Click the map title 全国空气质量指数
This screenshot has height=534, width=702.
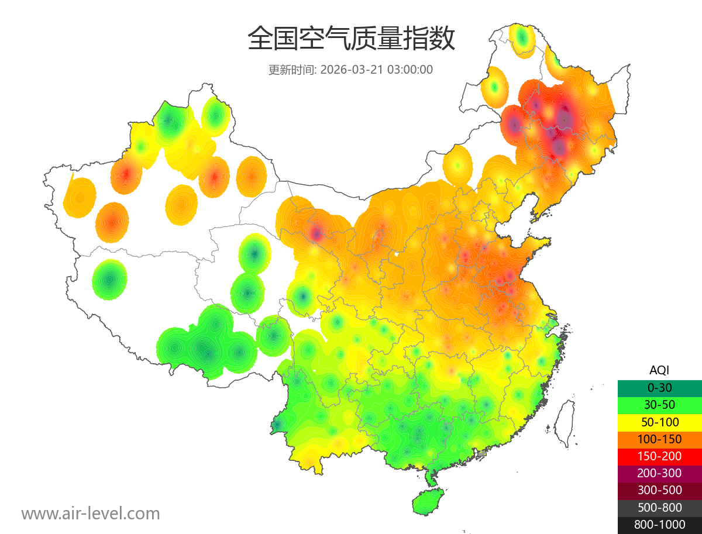351,39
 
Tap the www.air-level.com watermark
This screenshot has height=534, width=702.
91,514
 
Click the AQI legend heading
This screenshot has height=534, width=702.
659,370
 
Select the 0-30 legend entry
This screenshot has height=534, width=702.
659,387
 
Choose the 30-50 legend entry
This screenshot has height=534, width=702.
659,405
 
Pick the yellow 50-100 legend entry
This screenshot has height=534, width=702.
659,422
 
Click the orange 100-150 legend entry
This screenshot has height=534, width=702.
659,439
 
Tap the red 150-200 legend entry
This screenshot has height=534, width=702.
659,456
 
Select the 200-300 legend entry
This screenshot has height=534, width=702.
659,473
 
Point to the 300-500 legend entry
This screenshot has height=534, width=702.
659,490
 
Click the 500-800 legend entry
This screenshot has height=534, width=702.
659,508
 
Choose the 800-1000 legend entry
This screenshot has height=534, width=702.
659,525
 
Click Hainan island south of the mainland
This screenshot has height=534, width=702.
428,502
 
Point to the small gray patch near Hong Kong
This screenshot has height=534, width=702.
481,453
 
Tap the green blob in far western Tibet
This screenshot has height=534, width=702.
109,280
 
